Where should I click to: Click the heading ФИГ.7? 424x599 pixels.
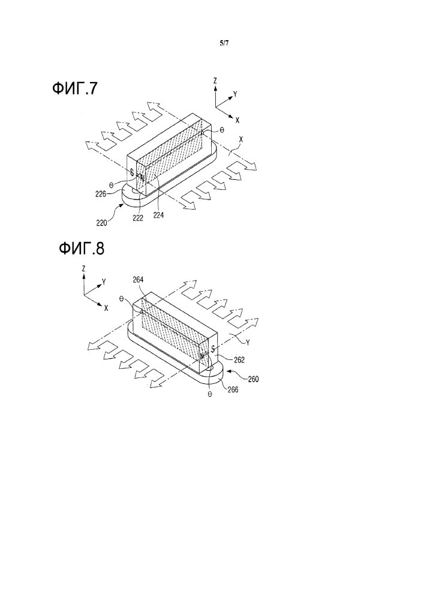(x=75, y=89)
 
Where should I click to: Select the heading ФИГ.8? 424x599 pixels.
(x=81, y=248)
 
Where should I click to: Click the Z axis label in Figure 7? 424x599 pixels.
(x=215, y=80)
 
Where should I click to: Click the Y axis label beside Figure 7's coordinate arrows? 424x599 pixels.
(x=236, y=94)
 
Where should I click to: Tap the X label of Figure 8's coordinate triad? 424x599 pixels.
(x=106, y=307)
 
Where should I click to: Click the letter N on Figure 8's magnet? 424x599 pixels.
(x=203, y=355)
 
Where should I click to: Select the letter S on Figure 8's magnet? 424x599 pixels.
(x=212, y=348)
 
